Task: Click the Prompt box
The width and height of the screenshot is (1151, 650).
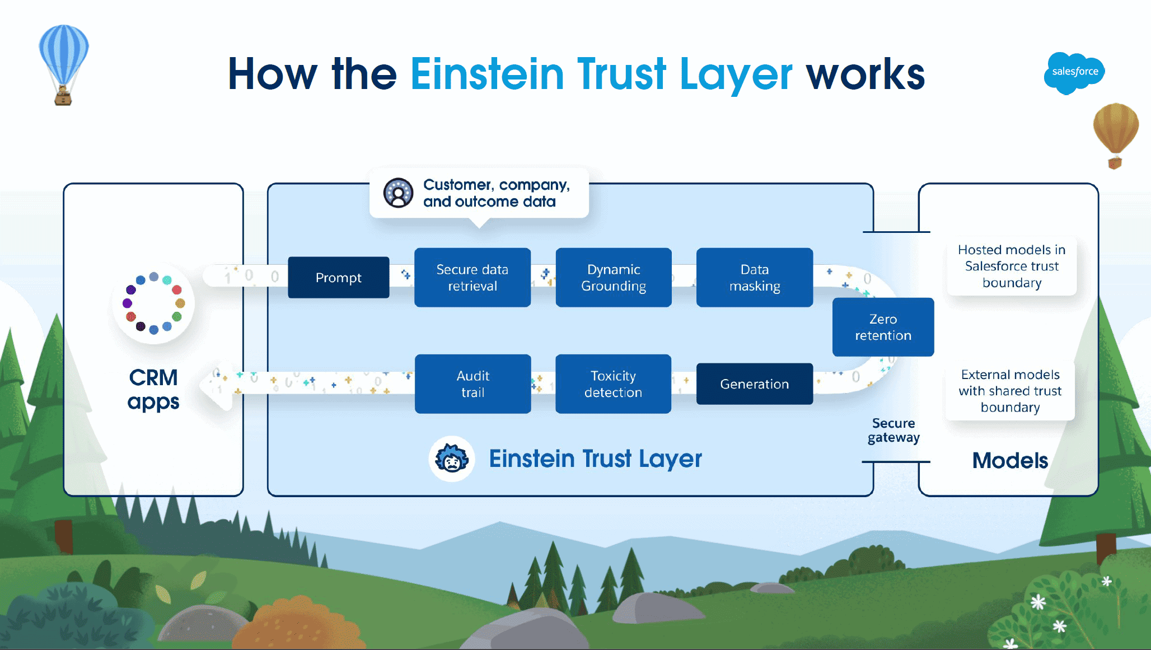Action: [x=338, y=277]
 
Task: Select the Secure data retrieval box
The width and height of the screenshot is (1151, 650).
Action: [x=472, y=277]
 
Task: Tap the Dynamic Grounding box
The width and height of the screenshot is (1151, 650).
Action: [x=614, y=277]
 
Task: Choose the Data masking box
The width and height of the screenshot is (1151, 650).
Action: [x=755, y=277]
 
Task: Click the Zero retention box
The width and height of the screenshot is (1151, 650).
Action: [x=883, y=327]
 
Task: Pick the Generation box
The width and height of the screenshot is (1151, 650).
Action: [x=755, y=384]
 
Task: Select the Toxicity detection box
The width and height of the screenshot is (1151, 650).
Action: [x=613, y=384]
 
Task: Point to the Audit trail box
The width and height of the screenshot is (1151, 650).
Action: [x=473, y=384]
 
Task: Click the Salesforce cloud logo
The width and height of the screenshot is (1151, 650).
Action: [x=1074, y=73]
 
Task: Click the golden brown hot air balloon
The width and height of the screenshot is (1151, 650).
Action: [x=1116, y=135]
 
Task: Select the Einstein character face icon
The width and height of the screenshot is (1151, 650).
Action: [x=452, y=459]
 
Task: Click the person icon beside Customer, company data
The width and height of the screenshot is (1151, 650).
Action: [x=398, y=193]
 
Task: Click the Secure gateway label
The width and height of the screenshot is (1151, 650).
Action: [x=893, y=430]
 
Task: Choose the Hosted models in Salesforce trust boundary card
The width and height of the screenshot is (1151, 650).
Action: [x=1012, y=266]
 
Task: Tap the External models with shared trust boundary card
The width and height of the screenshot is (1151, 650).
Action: [x=1010, y=391]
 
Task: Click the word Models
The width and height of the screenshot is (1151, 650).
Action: [x=1010, y=460]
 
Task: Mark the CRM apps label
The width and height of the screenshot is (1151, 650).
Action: [x=153, y=389]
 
